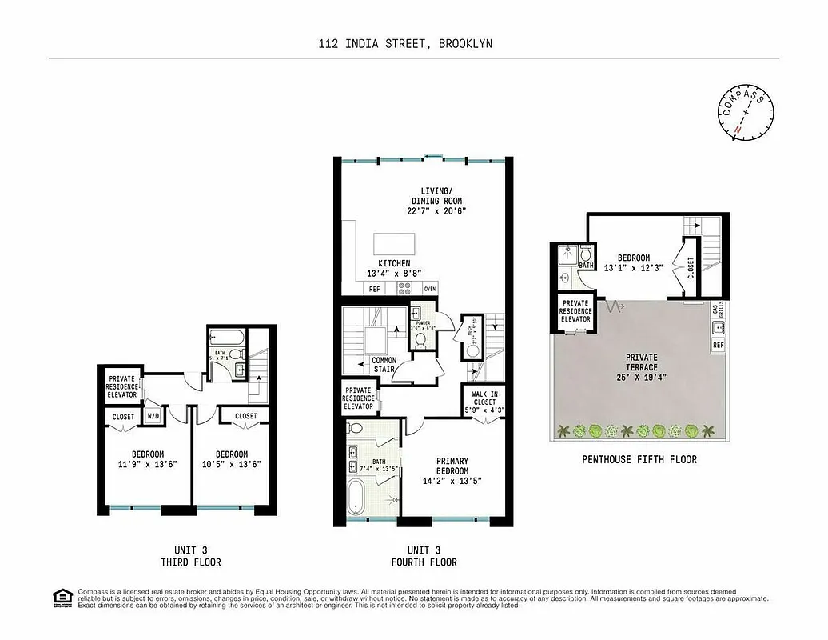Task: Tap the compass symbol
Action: tap(745, 113)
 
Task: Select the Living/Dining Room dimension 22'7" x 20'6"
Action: tap(436, 211)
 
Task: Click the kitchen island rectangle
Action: tap(395, 243)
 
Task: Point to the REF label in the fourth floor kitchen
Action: tap(374, 289)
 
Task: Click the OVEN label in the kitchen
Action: tap(429, 289)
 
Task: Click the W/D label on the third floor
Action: tap(152, 417)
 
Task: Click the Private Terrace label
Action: tap(642, 362)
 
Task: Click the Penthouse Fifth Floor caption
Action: tap(639, 459)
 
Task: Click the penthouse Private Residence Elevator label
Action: tap(575, 311)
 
